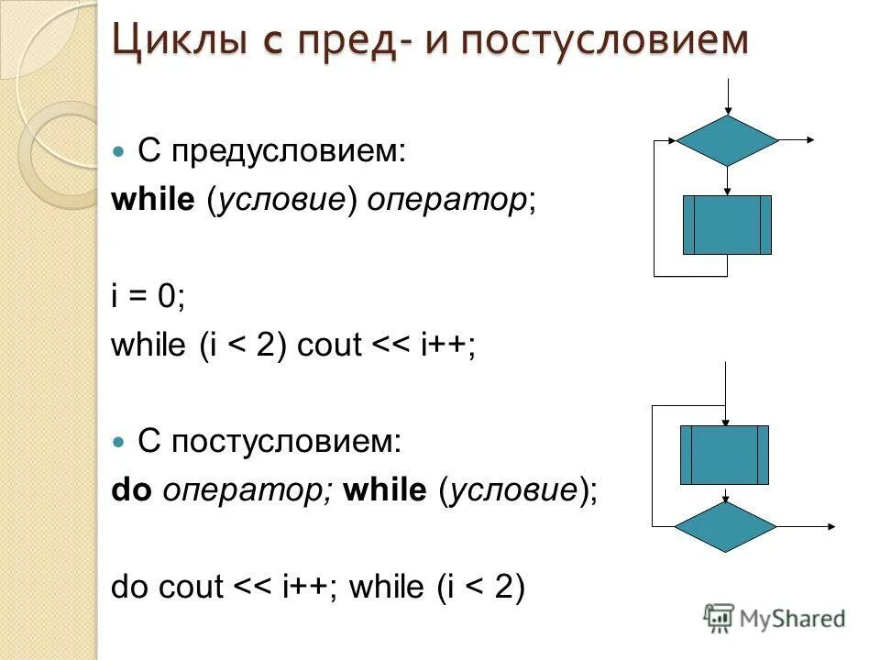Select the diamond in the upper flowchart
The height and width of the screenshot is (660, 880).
coord(727,140)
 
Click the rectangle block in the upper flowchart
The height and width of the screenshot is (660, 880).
coord(727,225)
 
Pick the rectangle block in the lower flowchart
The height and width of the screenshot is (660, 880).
coord(724,455)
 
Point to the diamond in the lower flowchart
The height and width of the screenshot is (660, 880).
coord(725,526)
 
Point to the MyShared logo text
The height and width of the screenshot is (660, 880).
coord(792,619)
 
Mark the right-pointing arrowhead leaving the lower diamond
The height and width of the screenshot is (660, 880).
coord(829,526)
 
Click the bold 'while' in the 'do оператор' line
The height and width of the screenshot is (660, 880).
coord(385,490)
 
